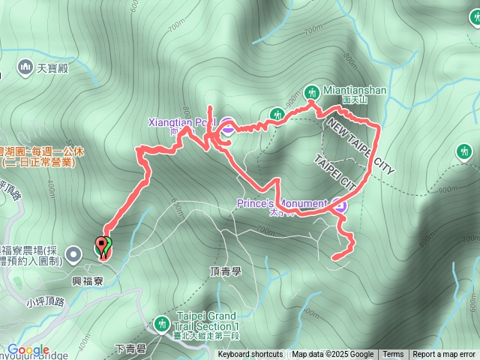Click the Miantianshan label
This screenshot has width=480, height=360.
[x=355, y=91]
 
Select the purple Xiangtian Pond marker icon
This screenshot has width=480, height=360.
[x=226, y=124]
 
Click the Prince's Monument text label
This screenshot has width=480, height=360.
[x=281, y=203]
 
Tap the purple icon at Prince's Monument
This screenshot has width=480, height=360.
[x=340, y=204]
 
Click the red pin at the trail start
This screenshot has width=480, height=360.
[x=100, y=247]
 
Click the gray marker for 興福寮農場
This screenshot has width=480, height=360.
[x=73, y=254]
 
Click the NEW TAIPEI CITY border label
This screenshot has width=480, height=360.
[x=360, y=147]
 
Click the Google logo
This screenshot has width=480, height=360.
[x=28, y=350]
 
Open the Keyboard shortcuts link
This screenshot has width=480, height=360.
[x=250, y=355]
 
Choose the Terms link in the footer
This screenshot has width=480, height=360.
[x=393, y=355]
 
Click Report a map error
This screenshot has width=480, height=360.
[x=444, y=355]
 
